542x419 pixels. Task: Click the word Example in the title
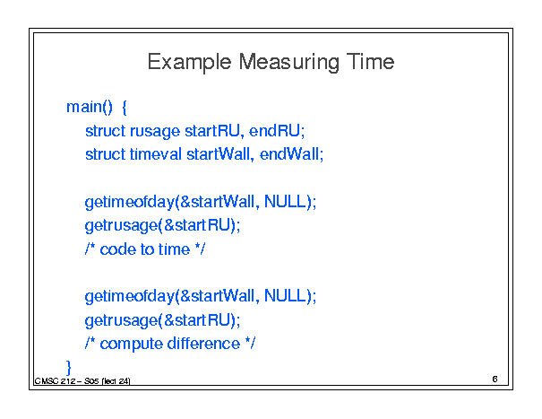tap(189, 63)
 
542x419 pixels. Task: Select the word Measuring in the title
tap(288, 63)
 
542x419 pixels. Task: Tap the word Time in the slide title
tap(370, 62)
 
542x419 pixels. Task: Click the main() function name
tap(90, 107)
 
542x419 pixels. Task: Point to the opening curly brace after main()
tap(125, 108)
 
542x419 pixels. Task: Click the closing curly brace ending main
tap(68, 368)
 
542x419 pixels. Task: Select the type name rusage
tap(155, 132)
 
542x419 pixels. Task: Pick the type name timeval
tap(156, 154)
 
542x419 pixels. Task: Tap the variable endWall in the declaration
tap(289, 154)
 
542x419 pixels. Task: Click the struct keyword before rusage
tap(106, 131)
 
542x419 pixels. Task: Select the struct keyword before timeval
tap(106, 154)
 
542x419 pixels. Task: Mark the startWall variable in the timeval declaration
tap(218, 154)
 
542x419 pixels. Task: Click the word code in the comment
tap(118, 249)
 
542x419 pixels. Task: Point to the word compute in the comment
tap(132, 345)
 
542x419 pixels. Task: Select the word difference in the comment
tap(203, 344)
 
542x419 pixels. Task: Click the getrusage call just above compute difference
tap(162, 320)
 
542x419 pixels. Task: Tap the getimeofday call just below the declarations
tap(201, 202)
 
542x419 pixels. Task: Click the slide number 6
tap(495, 380)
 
